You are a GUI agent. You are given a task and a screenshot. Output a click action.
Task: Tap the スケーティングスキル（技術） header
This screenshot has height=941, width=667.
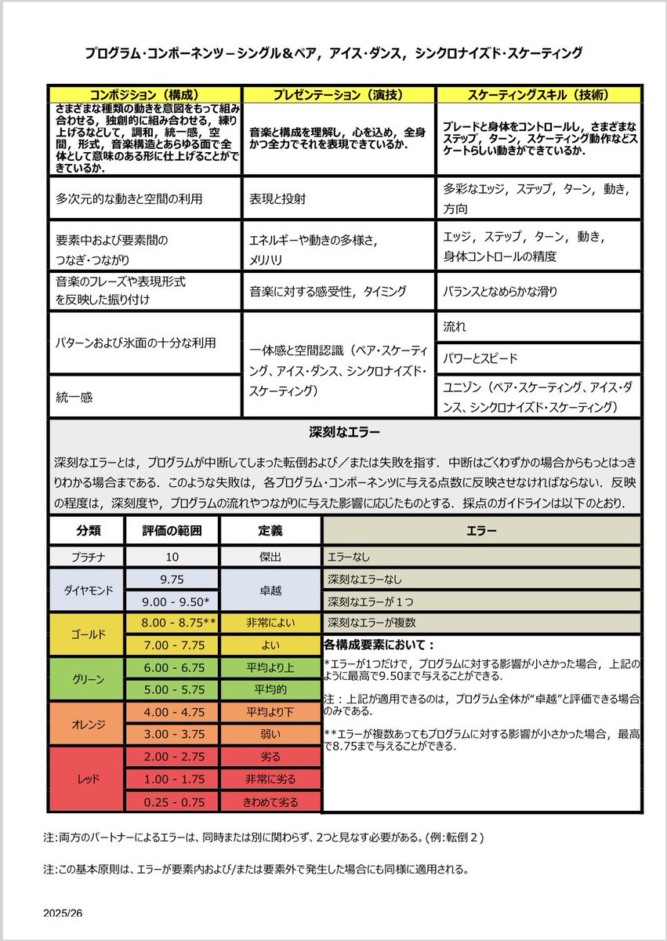(538, 94)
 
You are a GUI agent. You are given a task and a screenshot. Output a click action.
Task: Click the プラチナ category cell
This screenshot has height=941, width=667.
(86, 557)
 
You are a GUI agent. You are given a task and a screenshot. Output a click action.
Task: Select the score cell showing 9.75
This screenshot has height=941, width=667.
(172, 579)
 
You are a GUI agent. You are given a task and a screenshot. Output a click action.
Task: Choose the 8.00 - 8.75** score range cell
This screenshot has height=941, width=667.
(172, 623)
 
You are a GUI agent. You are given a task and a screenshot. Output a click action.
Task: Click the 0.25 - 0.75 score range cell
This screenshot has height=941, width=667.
(172, 801)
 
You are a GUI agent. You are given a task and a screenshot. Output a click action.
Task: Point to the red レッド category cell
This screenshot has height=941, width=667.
(86, 779)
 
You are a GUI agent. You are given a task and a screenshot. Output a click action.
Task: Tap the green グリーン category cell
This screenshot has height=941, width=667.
(86, 679)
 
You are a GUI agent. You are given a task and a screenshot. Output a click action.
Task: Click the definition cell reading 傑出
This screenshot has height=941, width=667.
(270, 557)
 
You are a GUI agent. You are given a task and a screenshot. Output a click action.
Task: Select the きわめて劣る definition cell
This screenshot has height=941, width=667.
(270, 801)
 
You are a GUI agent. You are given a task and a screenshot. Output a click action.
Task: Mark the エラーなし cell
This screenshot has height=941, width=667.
(481, 557)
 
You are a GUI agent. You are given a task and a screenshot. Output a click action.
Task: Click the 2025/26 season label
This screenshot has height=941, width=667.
(63, 914)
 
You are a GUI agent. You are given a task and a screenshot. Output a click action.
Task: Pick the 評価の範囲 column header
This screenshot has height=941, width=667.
(172, 530)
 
